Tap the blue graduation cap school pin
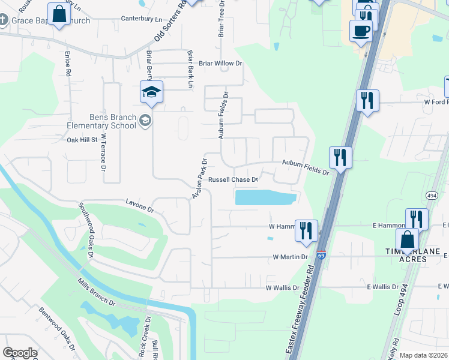(151, 92)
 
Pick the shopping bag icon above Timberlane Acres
(408, 239)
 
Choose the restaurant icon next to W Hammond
(307, 230)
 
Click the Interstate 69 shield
(322, 255)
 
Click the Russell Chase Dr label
(233, 179)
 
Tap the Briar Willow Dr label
(220, 63)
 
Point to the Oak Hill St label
(82, 139)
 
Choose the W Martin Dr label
(290, 257)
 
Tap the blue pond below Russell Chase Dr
(265, 197)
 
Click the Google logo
(20, 353)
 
